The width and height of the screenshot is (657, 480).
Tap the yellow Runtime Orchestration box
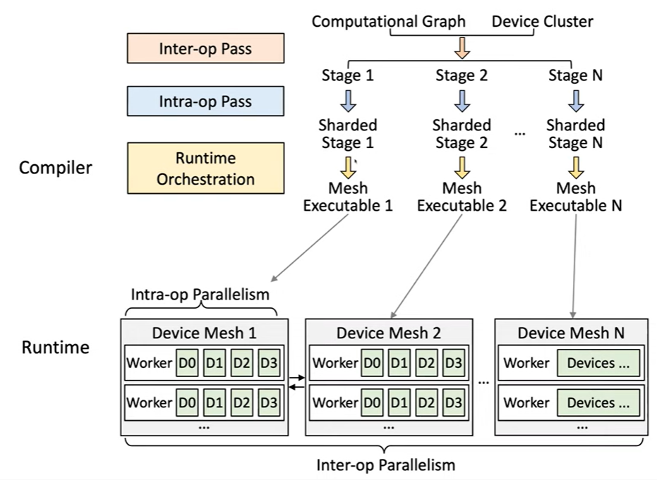click(205, 168)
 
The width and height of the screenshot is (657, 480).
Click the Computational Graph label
click(388, 21)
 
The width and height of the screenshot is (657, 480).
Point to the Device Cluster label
click(542, 21)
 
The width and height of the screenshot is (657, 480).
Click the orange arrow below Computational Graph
click(461, 48)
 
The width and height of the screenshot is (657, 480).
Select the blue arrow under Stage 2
click(462, 101)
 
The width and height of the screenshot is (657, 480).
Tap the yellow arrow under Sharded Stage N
click(576, 166)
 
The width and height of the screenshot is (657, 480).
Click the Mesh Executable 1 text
click(348, 197)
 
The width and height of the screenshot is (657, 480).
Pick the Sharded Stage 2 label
click(462, 134)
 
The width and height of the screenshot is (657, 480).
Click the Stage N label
click(575, 75)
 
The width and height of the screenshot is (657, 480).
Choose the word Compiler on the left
click(56, 168)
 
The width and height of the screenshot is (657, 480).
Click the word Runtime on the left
click(56, 347)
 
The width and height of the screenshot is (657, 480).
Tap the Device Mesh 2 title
click(388, 333)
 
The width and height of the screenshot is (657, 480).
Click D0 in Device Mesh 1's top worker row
click(187, 363)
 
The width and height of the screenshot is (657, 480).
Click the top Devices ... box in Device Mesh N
click(598, 363)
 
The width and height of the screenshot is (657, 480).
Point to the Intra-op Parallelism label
click(200, 294)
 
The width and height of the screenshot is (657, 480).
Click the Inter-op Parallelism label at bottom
click(385, 465)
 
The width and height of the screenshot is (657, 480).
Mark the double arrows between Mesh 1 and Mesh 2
click(296, 383)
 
